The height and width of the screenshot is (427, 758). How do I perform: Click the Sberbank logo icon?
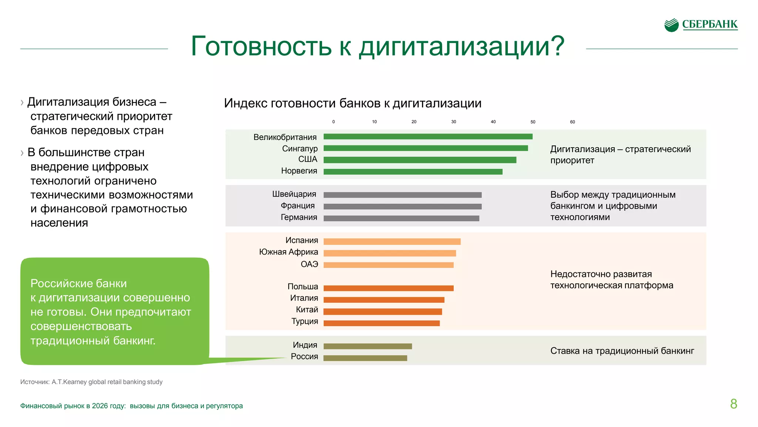[x=671, y=25]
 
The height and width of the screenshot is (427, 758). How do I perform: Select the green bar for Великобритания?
[x=427, y=137]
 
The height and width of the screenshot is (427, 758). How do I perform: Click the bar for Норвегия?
[x=413, y=172]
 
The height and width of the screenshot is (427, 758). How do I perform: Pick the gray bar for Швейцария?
[x=402, y=195]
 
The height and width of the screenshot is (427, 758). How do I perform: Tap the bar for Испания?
[x=392, y=242]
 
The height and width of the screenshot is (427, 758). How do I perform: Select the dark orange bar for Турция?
[x=381, y=323]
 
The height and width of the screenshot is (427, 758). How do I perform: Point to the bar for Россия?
[x=365, y=358]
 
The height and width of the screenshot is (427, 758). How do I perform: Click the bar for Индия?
[x=367, y=346]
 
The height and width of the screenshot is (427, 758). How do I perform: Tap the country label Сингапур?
[x=299, y=149]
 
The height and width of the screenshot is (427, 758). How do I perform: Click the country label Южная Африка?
[x=288, y=252]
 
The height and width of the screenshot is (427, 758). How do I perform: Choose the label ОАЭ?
[x=309, y=264]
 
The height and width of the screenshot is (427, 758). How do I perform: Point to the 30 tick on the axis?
[x=453, y=122]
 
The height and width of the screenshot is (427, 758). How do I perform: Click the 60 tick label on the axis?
[x=572, y=122]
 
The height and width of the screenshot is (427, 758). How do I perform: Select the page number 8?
[x=733, y=404]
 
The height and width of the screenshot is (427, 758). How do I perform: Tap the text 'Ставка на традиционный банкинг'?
[x=622, y=351]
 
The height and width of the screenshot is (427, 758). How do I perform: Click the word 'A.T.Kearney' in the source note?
[x=69, y=382]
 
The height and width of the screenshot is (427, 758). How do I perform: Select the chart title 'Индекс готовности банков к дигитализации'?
[x=352, y=103]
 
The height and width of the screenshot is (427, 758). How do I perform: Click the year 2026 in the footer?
[x=100, y=406]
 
